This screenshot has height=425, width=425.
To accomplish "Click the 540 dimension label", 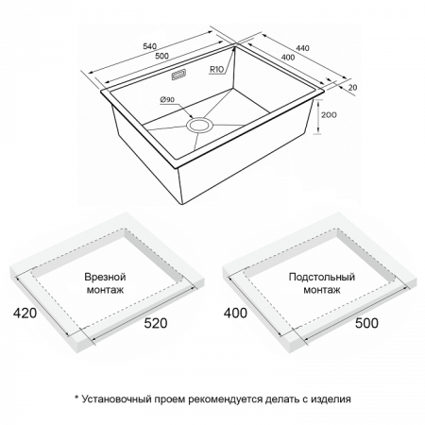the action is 150,46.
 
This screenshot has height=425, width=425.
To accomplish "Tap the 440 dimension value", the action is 303,48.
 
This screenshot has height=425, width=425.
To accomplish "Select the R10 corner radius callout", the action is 216,69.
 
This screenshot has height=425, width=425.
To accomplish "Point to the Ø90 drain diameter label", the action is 167,99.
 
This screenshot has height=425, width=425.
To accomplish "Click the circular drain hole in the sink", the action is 200,125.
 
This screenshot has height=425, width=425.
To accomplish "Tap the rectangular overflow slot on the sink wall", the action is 178,76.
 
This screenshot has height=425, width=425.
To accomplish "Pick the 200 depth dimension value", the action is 329,115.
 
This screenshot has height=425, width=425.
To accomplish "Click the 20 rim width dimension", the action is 353,87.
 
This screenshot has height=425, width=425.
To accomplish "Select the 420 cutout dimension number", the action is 25,313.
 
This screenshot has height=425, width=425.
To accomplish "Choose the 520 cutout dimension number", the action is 156,323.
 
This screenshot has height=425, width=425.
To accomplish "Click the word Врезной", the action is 105,277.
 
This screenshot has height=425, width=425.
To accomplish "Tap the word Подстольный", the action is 322,277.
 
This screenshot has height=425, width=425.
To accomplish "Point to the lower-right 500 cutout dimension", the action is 366,323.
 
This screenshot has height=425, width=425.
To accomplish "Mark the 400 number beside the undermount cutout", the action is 235,313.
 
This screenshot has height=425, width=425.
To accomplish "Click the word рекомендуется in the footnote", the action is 226,399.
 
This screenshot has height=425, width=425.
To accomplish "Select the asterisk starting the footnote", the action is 76,398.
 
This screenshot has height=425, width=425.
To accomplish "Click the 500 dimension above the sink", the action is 162,57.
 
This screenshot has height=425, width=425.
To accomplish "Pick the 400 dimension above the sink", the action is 288,58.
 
